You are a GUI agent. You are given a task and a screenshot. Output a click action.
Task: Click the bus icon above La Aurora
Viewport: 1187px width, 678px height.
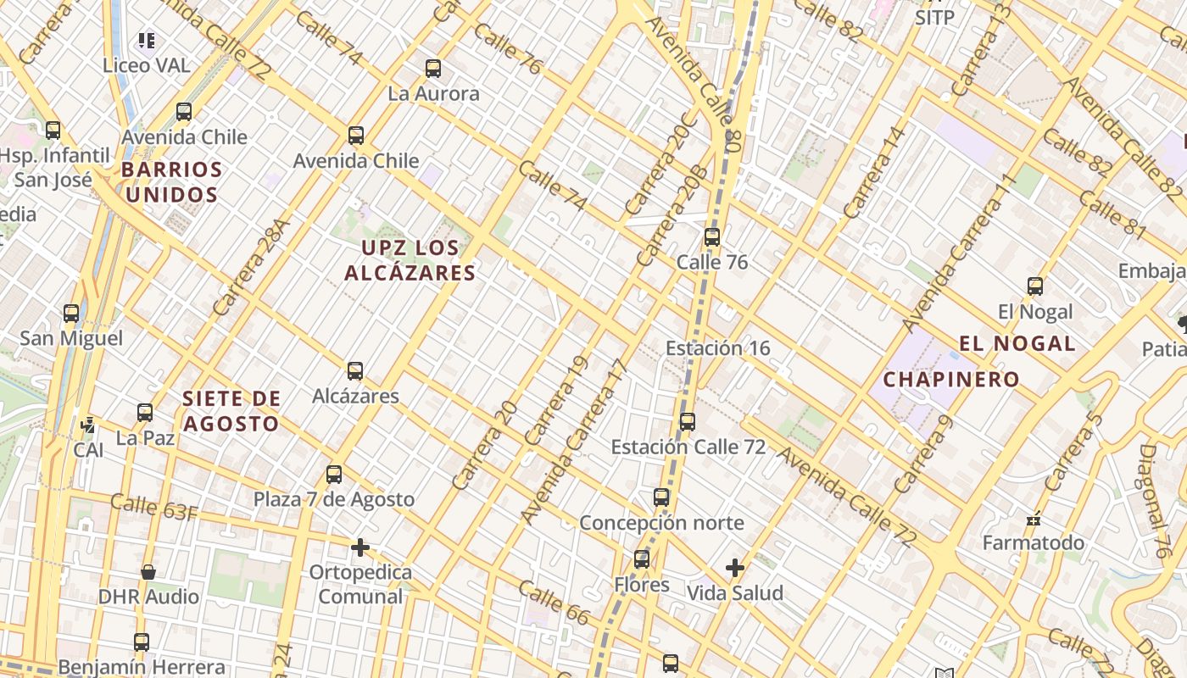click(433, 69)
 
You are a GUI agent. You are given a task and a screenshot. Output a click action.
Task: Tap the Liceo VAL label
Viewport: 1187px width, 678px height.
click(146, 65)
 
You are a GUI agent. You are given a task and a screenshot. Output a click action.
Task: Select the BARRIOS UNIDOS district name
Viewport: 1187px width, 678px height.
click(171, 182)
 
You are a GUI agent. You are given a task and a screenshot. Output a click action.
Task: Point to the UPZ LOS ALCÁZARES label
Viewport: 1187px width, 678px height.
click(410, 260)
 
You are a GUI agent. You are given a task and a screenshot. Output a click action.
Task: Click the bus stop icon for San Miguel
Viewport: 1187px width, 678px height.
click(71, 314)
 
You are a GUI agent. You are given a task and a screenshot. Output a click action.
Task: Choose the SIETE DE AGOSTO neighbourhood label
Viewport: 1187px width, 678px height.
click(231, 411)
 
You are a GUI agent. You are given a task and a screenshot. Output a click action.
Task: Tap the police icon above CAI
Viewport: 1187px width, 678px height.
click(87, 425)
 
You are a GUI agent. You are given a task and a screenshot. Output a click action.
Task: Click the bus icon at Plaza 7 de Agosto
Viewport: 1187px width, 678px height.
click(334, 475)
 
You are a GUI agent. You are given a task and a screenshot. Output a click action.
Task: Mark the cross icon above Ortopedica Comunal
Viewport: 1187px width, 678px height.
click(360, 547)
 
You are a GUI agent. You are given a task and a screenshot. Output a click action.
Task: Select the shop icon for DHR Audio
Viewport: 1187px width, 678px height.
click(148, 572)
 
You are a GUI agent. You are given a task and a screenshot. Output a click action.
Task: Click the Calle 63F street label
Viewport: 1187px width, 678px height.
click(154, 507)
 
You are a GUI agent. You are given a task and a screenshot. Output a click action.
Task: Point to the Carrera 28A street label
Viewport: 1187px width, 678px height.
click(252, 268)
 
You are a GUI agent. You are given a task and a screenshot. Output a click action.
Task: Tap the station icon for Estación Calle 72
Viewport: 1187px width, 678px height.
click(688, 422)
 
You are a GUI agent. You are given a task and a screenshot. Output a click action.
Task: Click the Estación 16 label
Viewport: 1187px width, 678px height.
click(717, 348)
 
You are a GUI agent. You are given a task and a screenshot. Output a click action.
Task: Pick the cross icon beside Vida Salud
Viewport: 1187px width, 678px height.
click(735, 568)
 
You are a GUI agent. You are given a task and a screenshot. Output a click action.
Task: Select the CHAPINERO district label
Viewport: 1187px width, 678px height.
click(950, 379)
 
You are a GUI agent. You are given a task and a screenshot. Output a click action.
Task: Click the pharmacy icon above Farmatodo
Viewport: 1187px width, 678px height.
click(1034, 518)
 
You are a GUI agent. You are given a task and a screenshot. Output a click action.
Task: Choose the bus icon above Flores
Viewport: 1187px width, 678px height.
click(642, 559)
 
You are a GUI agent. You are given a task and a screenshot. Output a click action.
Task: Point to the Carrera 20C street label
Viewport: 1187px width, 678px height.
click(660, 163)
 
